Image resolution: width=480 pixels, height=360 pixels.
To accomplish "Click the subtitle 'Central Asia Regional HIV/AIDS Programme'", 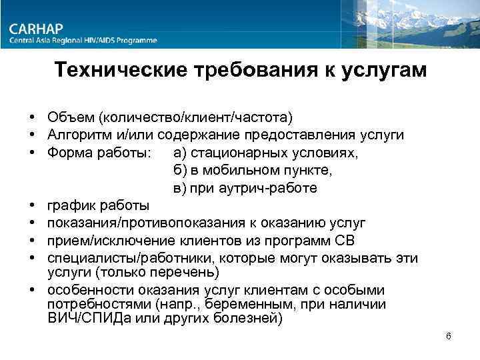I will [83, 41].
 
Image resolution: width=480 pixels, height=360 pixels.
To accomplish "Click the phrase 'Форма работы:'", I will [94, 153].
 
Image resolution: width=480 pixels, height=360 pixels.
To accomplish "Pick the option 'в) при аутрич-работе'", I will [245, 188].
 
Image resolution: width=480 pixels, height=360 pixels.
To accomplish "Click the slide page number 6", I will [449, 336].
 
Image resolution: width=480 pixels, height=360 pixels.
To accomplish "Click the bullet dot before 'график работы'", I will [32, 205].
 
